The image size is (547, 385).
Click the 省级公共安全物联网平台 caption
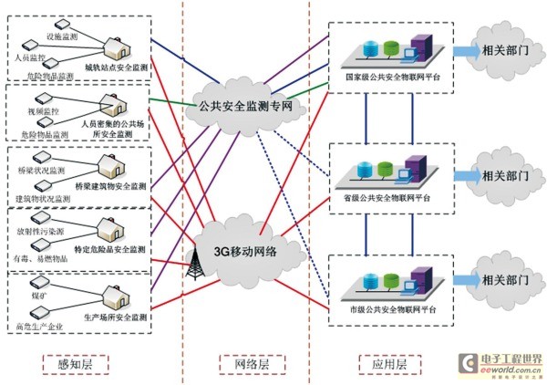(x=389, y=196)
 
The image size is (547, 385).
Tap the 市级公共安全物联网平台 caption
(x=389, y=310)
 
